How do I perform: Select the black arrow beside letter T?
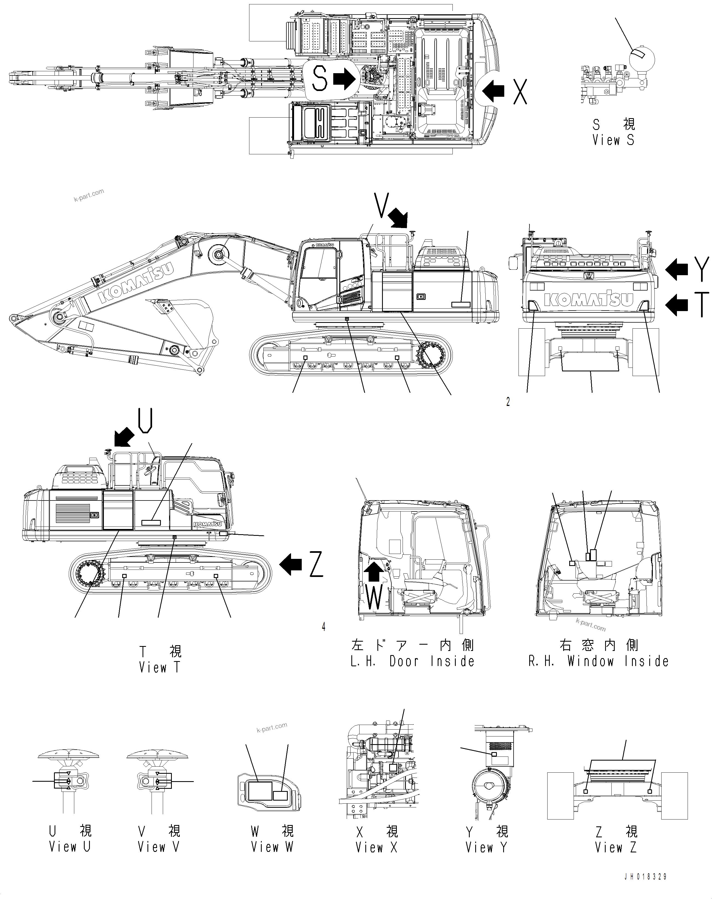(x=677, y=306)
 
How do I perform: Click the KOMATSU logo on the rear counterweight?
(x=589, y=299)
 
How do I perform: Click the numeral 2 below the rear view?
(x=508, y=402)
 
